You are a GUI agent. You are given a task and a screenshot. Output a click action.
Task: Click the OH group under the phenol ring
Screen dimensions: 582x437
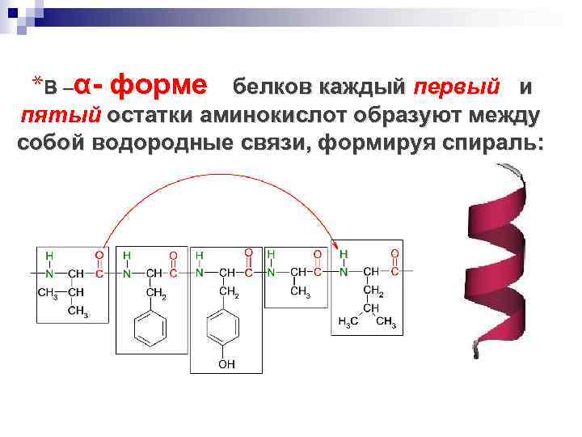(x=227, y=364)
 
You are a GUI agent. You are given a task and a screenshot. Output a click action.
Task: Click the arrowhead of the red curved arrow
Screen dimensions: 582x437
(x=335, y=240)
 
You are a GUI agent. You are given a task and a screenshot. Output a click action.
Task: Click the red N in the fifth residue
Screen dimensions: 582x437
(x=344, y=272)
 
